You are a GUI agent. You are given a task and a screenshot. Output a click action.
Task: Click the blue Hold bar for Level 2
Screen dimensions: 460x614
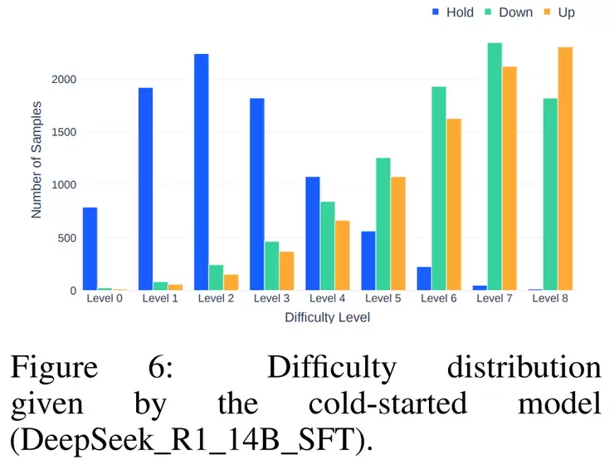(x=201, y=172)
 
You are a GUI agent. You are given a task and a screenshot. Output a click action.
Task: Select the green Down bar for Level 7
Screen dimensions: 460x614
(x=495, y=166)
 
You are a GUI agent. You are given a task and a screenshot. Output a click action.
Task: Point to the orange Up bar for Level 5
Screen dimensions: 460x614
(x=397, y=233)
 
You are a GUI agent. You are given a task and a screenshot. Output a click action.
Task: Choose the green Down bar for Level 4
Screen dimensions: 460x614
(x=327, y=246)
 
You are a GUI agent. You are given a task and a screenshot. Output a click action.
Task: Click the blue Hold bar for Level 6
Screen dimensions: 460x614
(x=424, y=278)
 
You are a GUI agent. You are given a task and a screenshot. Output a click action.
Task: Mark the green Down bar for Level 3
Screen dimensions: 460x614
(x=271, y=266)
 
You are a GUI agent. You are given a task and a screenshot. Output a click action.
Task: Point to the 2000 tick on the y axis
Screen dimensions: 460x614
(x=63, y=80)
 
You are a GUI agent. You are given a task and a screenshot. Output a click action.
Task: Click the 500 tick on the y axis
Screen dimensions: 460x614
(x=66, y=238)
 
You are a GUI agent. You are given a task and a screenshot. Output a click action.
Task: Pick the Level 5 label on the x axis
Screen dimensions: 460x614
(x=383, y=298)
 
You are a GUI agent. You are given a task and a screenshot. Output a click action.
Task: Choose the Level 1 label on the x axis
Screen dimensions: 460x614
(x=160, y=298)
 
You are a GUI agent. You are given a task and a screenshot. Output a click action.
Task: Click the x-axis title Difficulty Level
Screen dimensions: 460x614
(x=327, y=317)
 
